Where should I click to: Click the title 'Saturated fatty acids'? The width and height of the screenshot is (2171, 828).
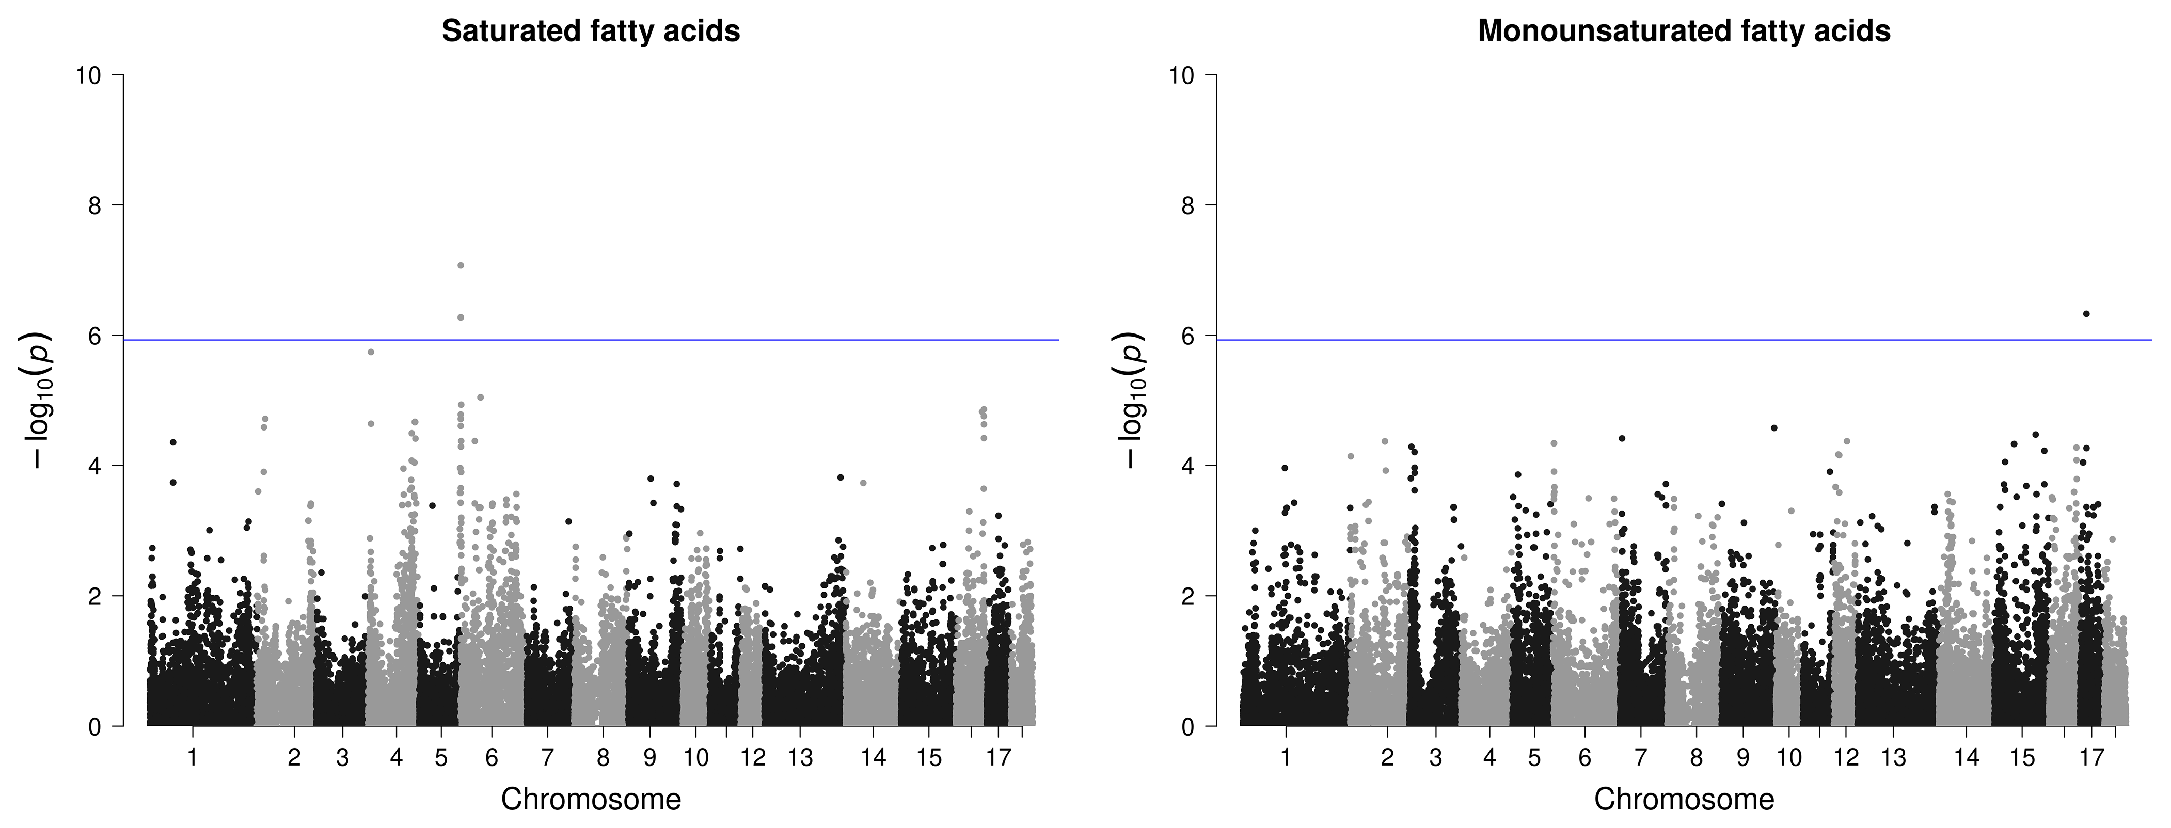pos(591,31)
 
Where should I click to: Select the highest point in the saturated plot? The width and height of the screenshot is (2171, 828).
pos(461,265)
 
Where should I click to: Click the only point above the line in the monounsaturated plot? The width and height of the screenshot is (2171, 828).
pos(2086,313)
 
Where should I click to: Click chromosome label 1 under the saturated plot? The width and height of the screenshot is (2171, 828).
pos(193,758)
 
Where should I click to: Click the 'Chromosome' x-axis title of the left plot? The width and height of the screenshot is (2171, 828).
pos(591,799)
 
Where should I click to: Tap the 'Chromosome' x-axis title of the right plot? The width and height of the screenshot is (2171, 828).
pos(1684,799)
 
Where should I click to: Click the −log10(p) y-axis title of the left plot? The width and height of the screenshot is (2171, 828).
pos(42,400)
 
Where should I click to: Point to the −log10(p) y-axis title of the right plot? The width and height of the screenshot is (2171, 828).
pos(1134,400)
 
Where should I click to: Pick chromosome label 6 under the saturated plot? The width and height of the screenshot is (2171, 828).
pos(492,758)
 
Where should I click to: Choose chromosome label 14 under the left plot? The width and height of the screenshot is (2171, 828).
pos(874,758)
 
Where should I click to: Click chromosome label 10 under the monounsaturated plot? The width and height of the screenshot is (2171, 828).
pos(1789,758)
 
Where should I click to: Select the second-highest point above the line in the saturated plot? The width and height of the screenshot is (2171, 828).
pos(461,317)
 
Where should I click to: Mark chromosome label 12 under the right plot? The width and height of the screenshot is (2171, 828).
pos(1846,758)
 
